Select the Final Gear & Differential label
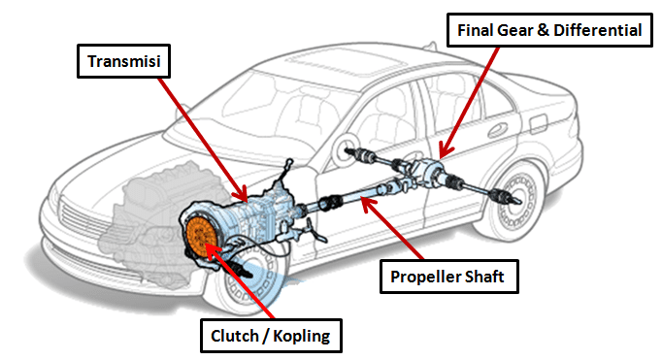549,30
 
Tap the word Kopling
302,336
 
